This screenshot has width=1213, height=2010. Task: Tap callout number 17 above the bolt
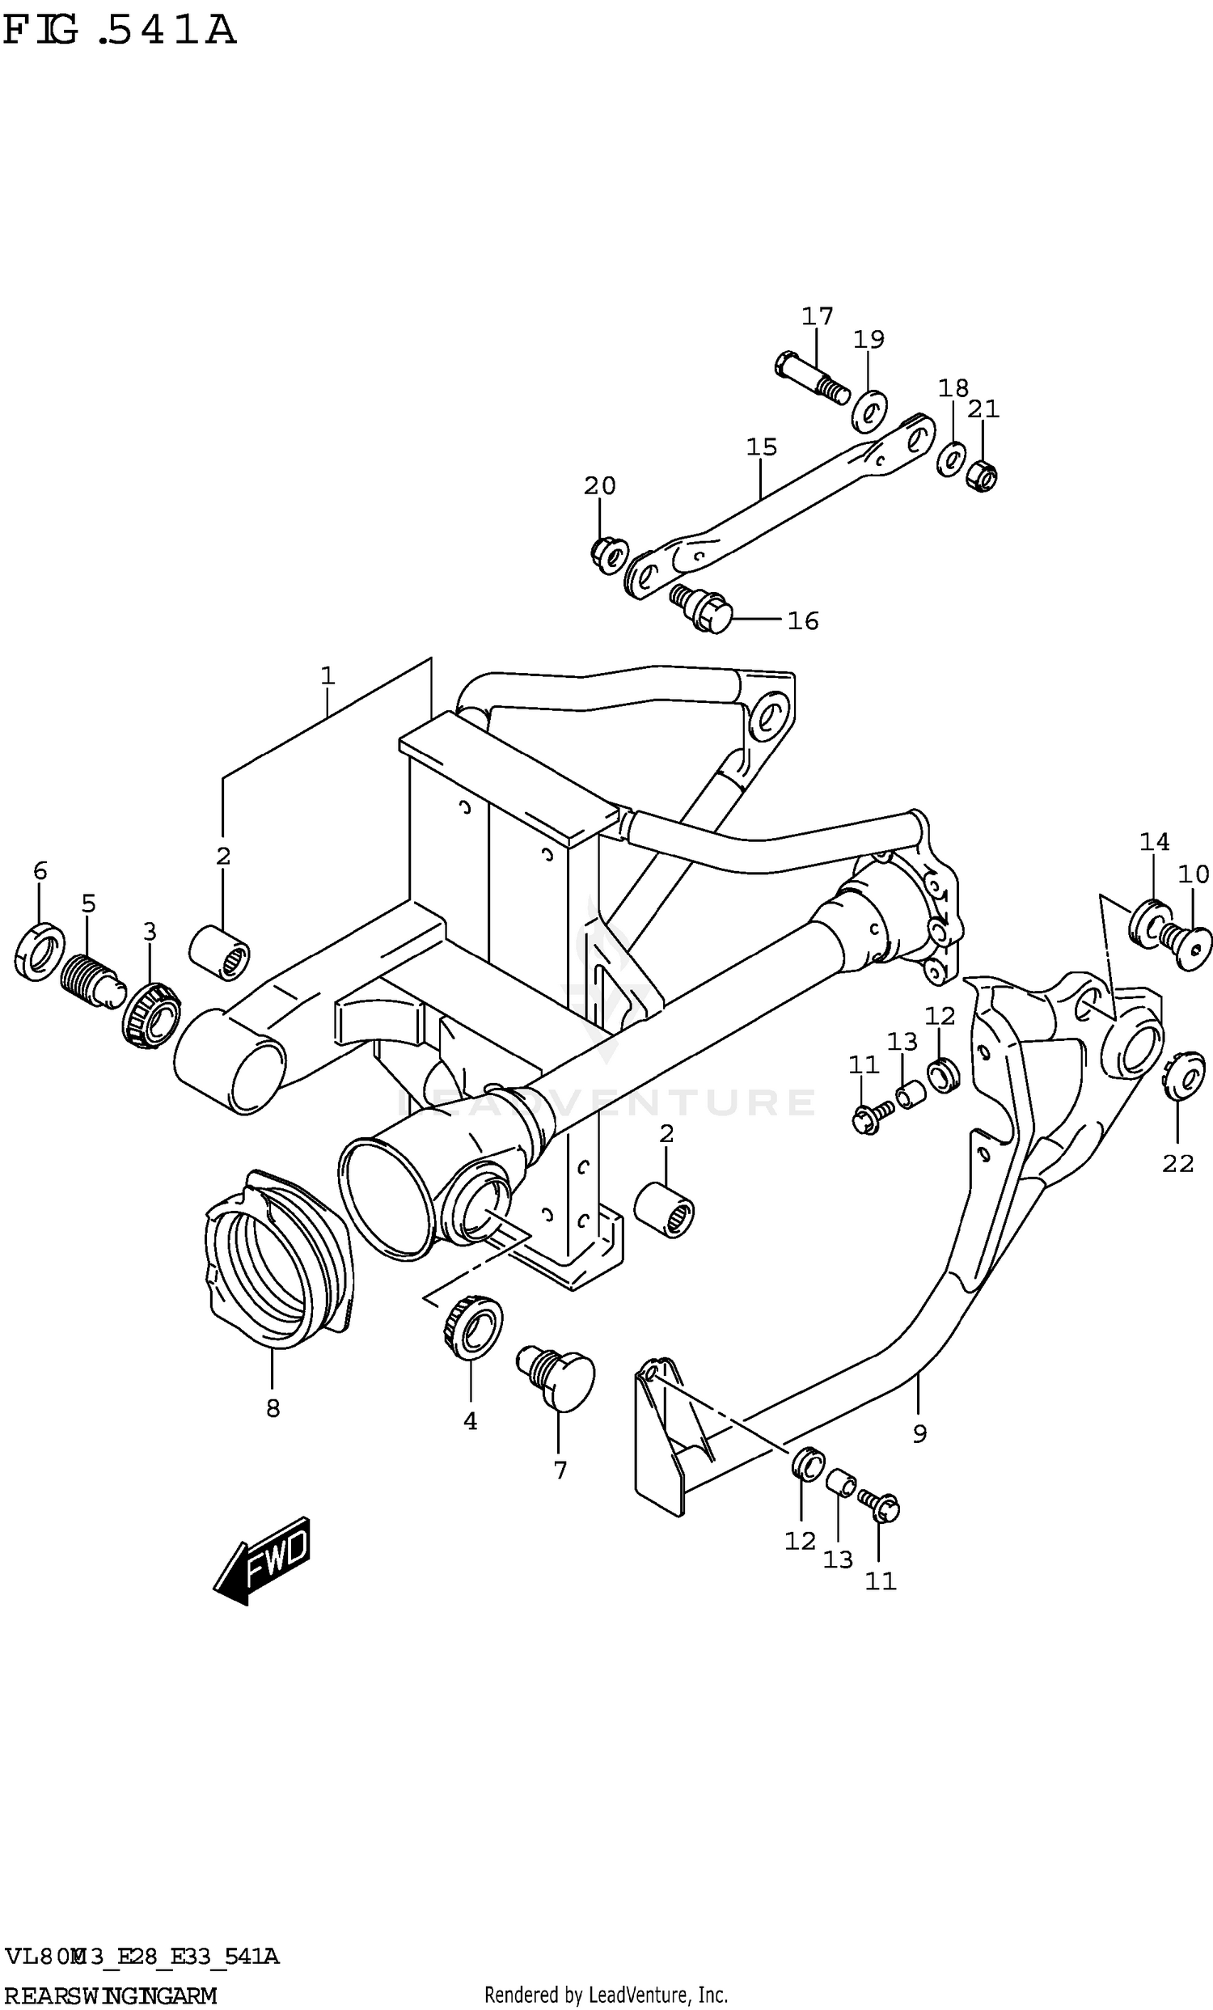[x=817, y=316]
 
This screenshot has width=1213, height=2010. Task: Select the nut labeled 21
[x=982, y=474]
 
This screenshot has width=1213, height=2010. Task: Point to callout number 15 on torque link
[x=761, y=447]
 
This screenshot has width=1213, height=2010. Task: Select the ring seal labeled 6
[x=40, y=952]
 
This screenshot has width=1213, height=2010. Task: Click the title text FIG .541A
[x=119, y=31]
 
